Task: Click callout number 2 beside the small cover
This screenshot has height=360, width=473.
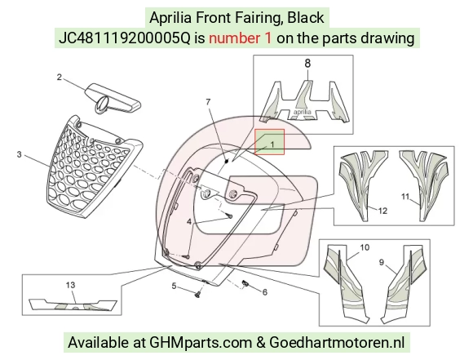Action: tap(59, 78)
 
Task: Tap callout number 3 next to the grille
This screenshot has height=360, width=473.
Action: tap(20, 154)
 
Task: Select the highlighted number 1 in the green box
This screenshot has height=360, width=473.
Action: tap(272, 144)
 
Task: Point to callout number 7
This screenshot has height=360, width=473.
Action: tap(208, 102)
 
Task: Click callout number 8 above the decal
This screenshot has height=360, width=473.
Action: tap(307, 64)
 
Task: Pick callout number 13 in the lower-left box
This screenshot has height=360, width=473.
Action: tap(70, 285)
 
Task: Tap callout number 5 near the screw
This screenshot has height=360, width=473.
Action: tap(174, 286)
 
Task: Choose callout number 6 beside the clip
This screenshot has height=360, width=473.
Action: tap(264, 292)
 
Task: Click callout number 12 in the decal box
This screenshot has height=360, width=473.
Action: tap(382, 211)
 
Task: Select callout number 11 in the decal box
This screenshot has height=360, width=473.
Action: tap(405, 197)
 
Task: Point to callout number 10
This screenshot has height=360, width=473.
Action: tap(365, 247)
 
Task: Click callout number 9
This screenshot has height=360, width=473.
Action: tap(382, 262)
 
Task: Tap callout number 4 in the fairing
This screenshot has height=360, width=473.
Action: tap(189, 222)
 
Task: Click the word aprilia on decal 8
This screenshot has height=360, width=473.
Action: tap(303, 112)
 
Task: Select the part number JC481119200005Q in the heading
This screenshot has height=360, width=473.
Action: tap(125, 38)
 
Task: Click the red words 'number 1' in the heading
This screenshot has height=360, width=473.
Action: tap(240, 38)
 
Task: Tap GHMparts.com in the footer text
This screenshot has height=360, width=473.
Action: tap(201, 343)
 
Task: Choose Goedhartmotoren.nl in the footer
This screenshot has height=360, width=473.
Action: tap(337, 343)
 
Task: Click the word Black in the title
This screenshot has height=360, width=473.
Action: tap(306, 17)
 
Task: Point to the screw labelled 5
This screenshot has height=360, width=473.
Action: tap(198, 294)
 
